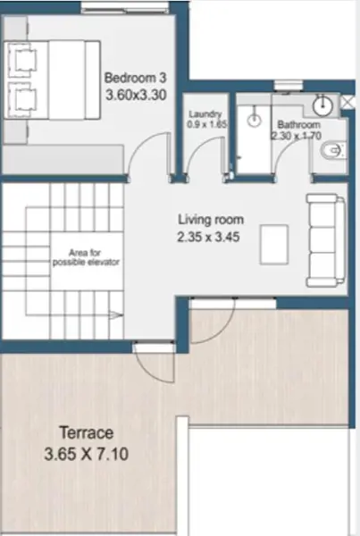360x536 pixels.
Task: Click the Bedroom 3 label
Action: coord(136,78)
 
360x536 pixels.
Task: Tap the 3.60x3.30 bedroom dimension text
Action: coord(136,95)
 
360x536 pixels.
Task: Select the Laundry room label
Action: coord(205,113)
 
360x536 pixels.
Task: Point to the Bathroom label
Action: coord(298,124)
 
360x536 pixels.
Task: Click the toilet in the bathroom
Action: coord(332,150)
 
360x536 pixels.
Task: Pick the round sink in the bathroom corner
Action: coord(322,105)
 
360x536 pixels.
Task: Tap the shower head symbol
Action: coord(254,119)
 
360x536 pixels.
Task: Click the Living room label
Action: coord(211,220)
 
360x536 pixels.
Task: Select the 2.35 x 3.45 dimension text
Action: coord(208,237)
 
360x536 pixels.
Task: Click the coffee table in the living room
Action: coord(274,245)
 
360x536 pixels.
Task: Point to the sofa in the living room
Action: coord(325,240)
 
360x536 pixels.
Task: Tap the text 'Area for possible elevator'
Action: coord(86,257)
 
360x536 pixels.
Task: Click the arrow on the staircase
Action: coord(115,315)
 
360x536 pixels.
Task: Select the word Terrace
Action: coord(86,432)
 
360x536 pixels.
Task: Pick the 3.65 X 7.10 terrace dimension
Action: coord(86,455)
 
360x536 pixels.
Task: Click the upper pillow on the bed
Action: coord(21,60)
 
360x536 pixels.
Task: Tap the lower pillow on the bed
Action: coord(21,100)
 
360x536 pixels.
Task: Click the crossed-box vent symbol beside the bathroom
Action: coord(347,102)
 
